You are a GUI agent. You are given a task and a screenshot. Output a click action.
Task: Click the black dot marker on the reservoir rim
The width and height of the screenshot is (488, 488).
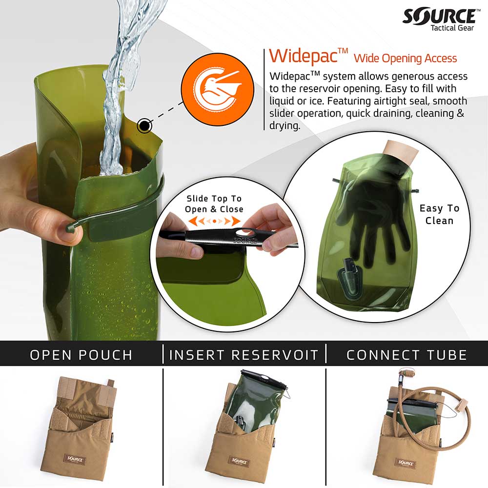144,126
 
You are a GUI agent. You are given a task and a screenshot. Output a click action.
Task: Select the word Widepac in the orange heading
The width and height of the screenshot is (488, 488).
303,56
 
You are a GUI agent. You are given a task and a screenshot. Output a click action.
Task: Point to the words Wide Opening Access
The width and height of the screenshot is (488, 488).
405,59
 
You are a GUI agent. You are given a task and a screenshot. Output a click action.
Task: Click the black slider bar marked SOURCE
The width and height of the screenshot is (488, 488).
229,238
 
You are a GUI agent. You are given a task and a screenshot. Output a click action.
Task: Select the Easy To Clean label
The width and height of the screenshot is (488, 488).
439,214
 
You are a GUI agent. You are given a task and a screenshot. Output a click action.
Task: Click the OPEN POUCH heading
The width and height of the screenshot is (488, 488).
81,355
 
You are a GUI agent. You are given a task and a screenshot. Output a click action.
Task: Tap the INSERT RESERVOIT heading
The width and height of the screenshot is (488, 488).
244,355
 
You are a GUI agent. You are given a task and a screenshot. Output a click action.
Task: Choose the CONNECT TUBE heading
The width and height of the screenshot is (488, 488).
407,355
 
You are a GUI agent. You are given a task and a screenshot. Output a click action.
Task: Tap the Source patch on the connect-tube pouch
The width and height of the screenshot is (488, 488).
406,462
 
